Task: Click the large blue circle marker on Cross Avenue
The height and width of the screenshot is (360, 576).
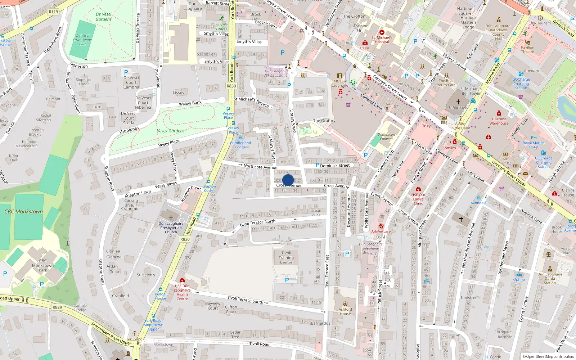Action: [288, 180]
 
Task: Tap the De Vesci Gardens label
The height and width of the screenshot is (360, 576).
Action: [104, 17]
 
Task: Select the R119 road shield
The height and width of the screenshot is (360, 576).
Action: [53, 12]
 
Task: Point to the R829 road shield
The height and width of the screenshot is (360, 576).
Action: [57, 307]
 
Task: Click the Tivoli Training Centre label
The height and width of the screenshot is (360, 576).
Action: [286, 258]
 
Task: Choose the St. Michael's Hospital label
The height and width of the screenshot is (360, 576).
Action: [382, 40]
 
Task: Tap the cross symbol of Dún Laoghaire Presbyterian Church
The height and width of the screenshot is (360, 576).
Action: [171, 217]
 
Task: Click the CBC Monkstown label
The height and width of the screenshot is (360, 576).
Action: [24, 212]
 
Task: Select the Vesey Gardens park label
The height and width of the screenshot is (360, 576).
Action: [171, 131]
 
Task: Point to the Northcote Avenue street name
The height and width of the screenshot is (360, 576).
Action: [260, 167]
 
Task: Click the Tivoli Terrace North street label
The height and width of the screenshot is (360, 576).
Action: [257, 223]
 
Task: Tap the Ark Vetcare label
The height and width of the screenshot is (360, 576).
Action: [381, 231]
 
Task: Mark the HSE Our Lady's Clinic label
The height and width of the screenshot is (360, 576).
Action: [418, 199]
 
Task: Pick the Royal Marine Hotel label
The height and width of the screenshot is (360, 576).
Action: [534, 145]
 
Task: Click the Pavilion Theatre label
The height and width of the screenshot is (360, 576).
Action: [527, 49]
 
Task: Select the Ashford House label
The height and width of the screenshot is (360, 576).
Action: [345, 311]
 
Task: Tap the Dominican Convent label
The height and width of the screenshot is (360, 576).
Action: [386, 136]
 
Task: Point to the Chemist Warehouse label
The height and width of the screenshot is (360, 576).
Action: [499, 121]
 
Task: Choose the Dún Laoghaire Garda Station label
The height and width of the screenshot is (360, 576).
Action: [550, 278]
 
